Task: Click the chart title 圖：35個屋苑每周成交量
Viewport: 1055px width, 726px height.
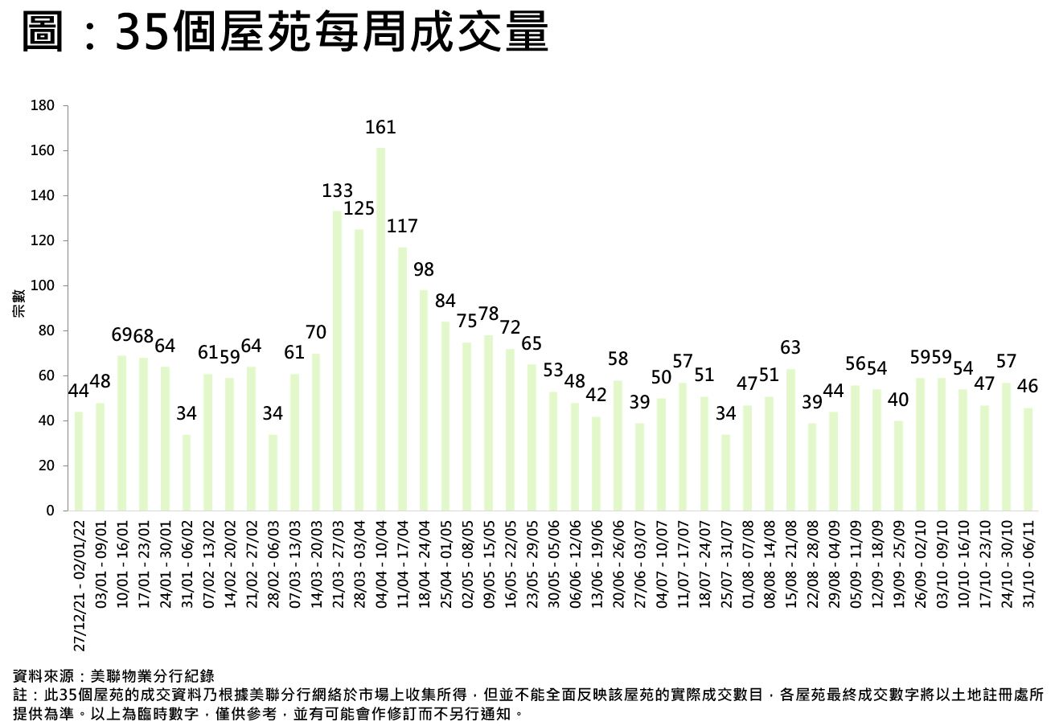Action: [x=285, y=34]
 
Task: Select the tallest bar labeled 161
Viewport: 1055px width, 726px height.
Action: [x=380, y=330]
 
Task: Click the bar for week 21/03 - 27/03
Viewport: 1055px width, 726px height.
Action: [x=338, y=361]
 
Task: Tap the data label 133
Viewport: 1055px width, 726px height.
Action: [x=338, y=191]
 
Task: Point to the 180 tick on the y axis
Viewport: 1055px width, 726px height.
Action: [x=44, y=106]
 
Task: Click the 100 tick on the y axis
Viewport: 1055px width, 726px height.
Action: [x=44, y=286]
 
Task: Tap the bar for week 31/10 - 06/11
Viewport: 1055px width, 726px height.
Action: [x=1028, y=459]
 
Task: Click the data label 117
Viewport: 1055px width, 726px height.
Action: [x=402, y=227]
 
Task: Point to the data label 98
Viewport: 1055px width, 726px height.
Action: [x=424, y=269]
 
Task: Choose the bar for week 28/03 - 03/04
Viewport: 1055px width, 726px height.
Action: [x=359, y=370]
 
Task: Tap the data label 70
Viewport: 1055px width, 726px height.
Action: [x=316, y=332]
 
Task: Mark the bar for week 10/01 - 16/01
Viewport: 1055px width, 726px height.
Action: [x=122, y=433]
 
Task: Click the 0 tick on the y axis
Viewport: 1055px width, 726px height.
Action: [x=50, y=511]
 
